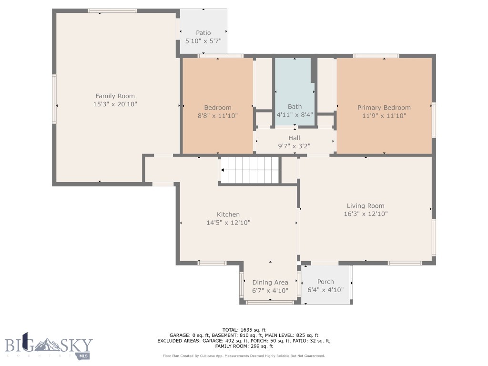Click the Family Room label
coord(115,96)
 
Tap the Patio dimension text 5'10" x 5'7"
coord(203,41)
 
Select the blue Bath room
coord(295,92)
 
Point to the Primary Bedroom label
coord(384,108)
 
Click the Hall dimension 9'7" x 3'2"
coord(294,146)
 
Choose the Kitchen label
coord(228,214)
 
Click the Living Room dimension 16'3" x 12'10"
coord(366,214)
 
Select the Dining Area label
coord(270,282)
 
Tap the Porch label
coord(325,282)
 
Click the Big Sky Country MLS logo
coord(49,346)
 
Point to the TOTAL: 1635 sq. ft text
coord(244,330)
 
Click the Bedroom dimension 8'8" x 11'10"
coord(217,116)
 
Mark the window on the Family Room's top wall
coord(112,11)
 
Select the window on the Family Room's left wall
coord(54,99)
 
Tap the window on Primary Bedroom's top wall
coord(376,56)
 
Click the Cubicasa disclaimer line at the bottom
coord(244,356)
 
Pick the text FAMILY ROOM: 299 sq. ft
coord(244,346)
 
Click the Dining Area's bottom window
coord(270,302)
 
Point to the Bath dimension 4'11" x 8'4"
coord(295,114)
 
